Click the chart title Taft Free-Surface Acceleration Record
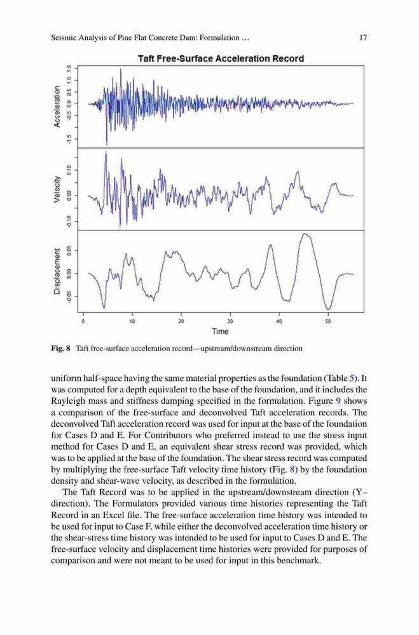pyautogui.click(x=221, y=58)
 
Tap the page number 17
pyautogui.click(x=363, y=37)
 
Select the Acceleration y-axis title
pyautogui.click(x=57, y=106)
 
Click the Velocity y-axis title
pyautogui.click(x=57, y=189)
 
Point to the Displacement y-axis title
pyautogui.click(x=57, y=271)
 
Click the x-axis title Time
pyautogui.click(x=220, y=331)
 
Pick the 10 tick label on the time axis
pyautogui.click(x=132, y=321)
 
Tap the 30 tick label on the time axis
pyautogui.click(x=230, y=321)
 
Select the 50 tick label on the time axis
pyautogui.click(x=328, y=321)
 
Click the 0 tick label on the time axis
pyautogui.click(x=83, y=321)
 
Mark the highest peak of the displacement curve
pyautogui.click(x=305, y=234)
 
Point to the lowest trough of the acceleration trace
pyautogui.click(x=107, y=144)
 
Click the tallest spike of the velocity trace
pyautogui.click(x=106, y=152)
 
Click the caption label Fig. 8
pyautogui.click(x=61, y=348)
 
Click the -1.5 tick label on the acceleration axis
pyautogui.click(x=70, y=139)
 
